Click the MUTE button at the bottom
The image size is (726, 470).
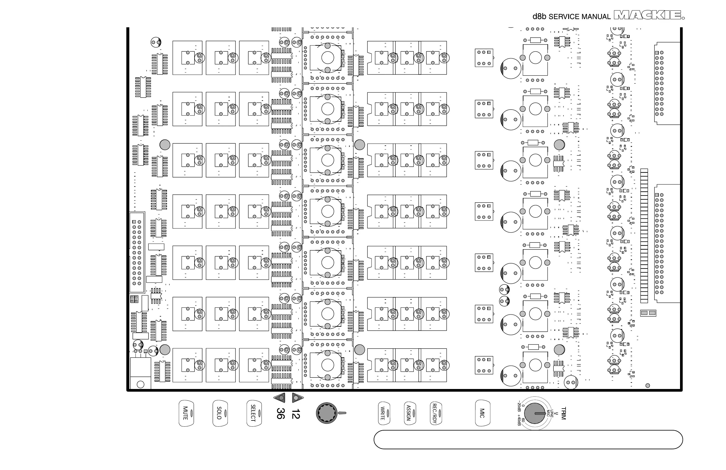coord(186,413)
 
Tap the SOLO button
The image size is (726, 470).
coord(220,413)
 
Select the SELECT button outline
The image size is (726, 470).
coord(254,413)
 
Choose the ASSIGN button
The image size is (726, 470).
coord(410,413)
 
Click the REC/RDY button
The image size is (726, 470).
coord(436,413)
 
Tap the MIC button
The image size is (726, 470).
coord(483,413)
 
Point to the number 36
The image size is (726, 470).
coord(281,414)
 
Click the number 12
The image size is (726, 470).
coord(296,414)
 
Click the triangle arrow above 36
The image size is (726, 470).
coord(280,398)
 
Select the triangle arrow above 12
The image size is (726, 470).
coord(297,398)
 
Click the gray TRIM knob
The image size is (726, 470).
coord(534,413)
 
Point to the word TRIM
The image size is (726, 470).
coord(563,413)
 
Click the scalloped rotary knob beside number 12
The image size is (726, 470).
coord(327,413)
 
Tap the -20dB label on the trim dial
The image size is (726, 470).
coord(519,407)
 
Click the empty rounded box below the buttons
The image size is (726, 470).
coord(528,440)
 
